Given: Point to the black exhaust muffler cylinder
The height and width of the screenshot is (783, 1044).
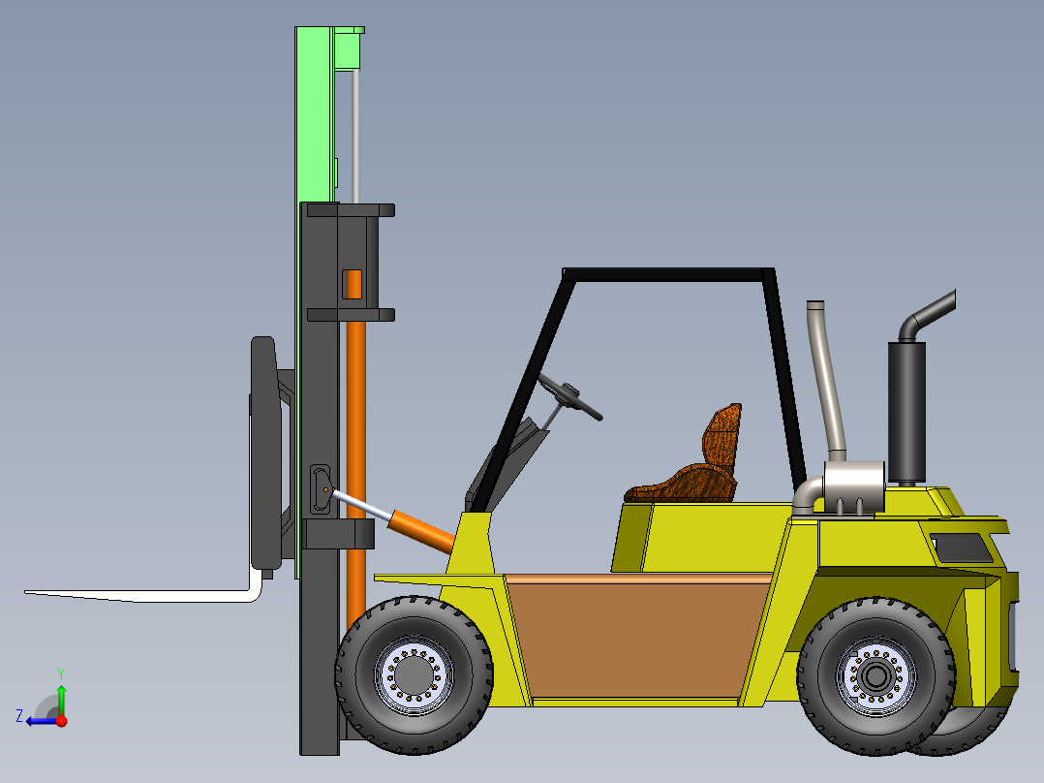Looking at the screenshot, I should click(906, 412).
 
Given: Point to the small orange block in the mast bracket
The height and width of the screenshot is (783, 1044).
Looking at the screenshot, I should click(353, 284).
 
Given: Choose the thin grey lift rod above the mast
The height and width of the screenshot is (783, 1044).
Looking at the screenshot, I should click(355, 136).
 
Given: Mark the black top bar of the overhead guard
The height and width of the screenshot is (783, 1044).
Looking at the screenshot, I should click(668, 274).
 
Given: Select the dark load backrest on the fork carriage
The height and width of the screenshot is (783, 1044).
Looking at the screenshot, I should click(264, 451).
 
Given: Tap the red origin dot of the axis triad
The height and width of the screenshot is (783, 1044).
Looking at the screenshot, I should click(61, 720).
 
